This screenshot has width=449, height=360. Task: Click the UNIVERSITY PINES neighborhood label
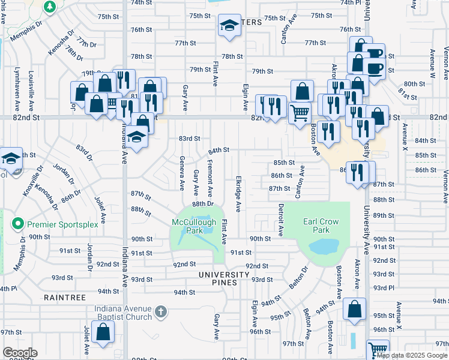(224, 275)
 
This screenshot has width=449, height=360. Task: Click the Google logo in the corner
(19, 353)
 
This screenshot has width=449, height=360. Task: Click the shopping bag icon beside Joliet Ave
(104, 331)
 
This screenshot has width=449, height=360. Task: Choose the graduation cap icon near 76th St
(229, 25)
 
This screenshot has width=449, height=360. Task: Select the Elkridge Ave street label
(238, 193)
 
